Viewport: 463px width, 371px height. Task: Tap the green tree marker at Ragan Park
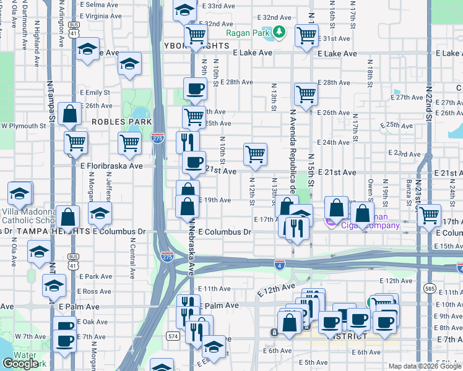[279, 33]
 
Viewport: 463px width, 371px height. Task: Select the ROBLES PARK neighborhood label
[117, 122]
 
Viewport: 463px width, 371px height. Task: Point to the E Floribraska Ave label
[111, 166]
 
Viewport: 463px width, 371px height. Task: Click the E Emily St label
[95, 92]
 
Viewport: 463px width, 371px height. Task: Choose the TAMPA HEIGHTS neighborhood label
[41, 231]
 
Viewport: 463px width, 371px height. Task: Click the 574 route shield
[173, 336]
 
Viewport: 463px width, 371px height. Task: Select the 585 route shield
[430, 288]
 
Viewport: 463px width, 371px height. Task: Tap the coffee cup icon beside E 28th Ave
[195, 88]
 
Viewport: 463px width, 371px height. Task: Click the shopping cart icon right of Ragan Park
[306, 35]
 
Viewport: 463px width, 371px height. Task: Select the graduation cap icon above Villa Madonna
[19, 193]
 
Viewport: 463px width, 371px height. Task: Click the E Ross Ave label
[95, 291]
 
